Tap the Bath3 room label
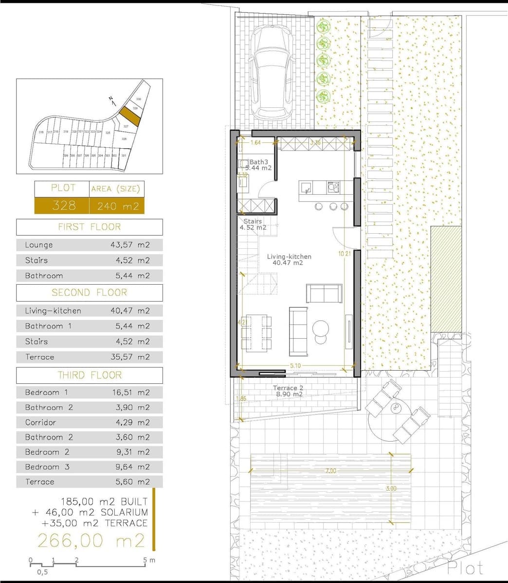coord(258,162)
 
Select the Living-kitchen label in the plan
coord(289,257)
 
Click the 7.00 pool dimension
coord(331,471)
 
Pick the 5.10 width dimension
coord(295,365)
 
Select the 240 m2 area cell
coord(117,206)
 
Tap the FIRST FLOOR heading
coord(89,227)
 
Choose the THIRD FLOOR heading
coord(89,375)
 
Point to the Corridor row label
coord(40,423)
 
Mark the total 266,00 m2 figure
coord(91,540)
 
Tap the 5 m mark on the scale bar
coord(146,560)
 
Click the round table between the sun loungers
coord(396,408)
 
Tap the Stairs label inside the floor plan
coord(253,221)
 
